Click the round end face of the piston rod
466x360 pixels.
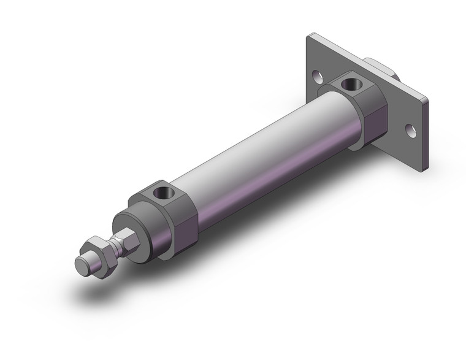click(80, 267)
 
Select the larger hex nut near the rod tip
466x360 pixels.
click(99, 251)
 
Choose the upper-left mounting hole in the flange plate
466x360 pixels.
click(318, 77)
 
